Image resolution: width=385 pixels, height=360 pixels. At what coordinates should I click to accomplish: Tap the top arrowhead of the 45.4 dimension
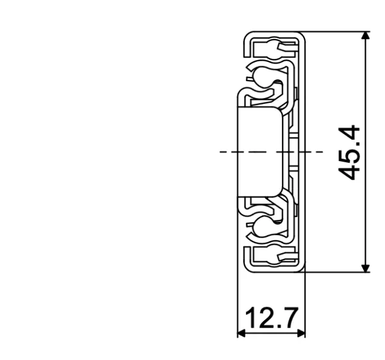pyautogui.click(x=364, y=36)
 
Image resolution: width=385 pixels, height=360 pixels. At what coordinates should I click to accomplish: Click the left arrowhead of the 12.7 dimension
pyautogui.click(x=242, y=332)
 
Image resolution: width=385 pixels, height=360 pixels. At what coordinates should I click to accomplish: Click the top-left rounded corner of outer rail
pyautogui.click(x=245, y=35)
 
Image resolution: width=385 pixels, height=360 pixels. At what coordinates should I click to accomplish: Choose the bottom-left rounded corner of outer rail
pyautogui.click(x=245, y=268)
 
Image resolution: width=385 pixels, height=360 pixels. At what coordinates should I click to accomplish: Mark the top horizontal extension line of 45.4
pyautogui.click(x=337, y=31)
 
